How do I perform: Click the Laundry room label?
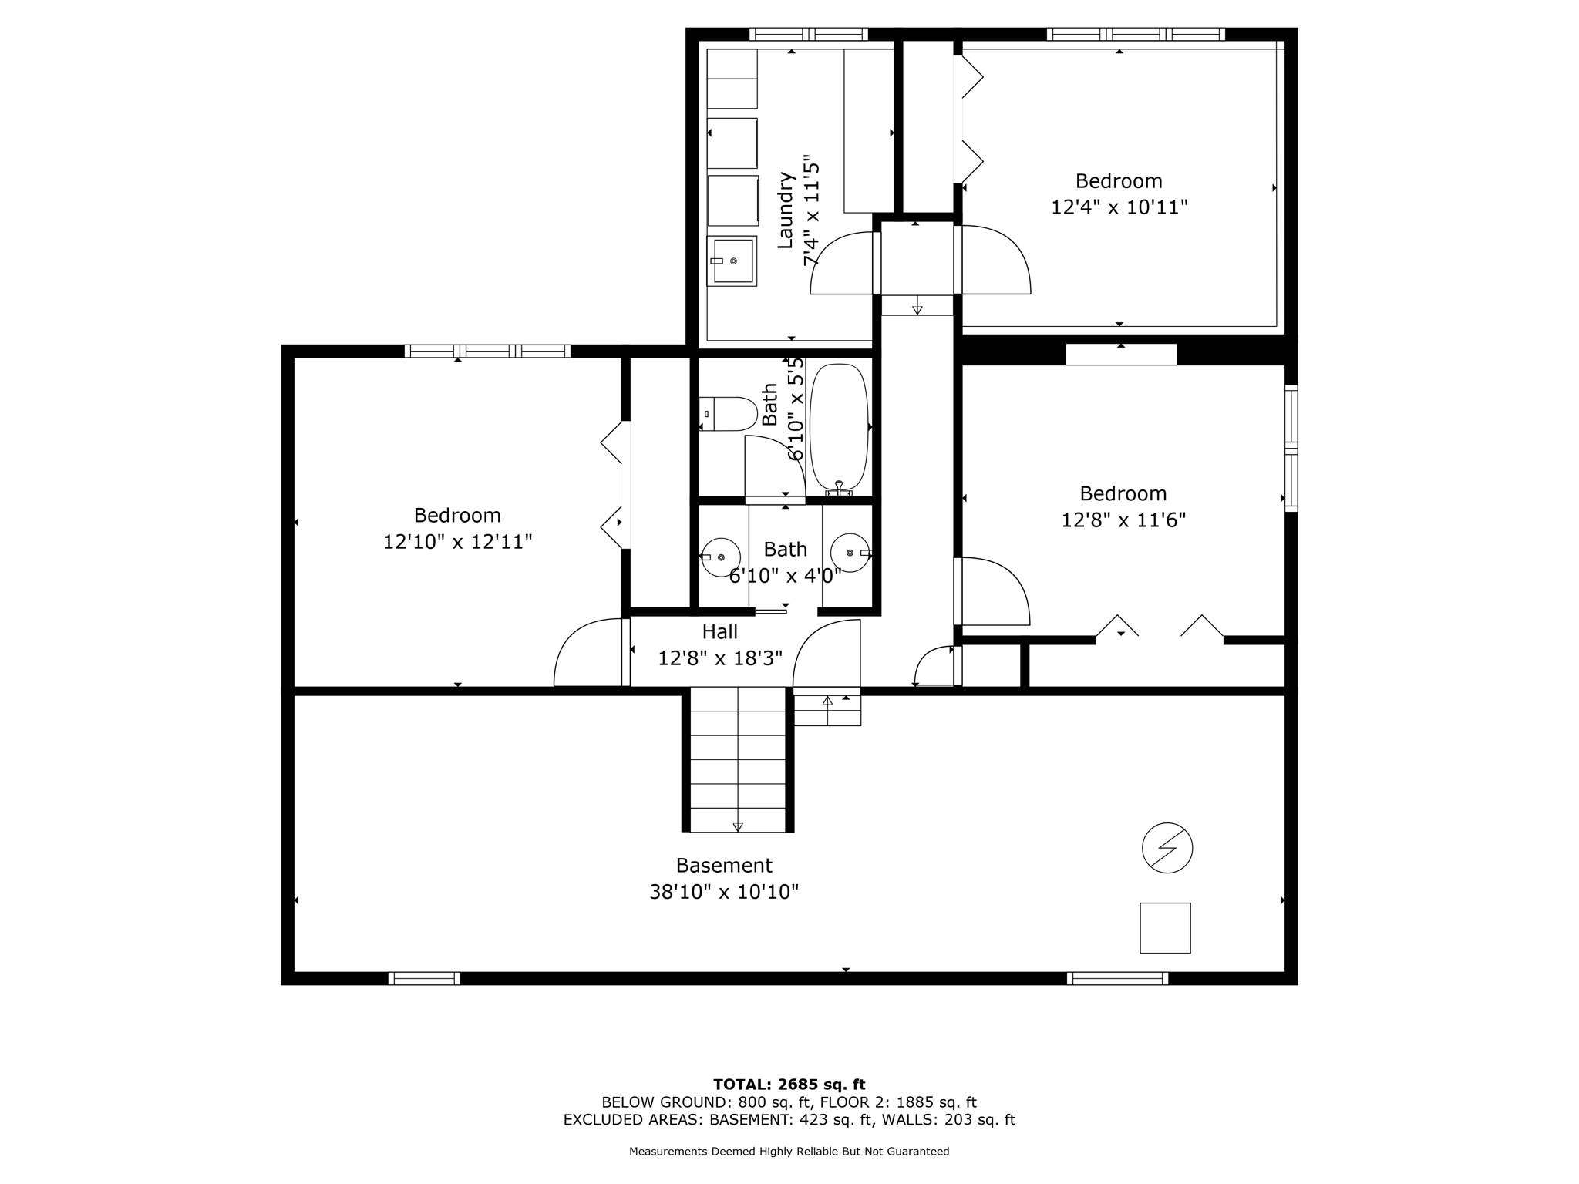pyautogui.click(x=786, y=210)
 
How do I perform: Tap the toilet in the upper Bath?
pyautogui.click(x=728, y=414)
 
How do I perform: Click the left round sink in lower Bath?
pyautogui.click(x=720, y=556)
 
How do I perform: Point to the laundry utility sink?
pyautogui.click(x=732, y=261)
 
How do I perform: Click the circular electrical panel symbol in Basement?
pyautogui.click(x=1167, y=848)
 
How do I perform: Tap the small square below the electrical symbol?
pyautogui.click(x=1165, y=927)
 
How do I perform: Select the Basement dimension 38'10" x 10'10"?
pyautogui.click(x=723, y=892)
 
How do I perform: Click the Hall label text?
pyautogui.click(x=719, y=632)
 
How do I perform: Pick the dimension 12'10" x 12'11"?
pyautogui.click(x=457, y=542)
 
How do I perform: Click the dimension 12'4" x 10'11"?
pyautogui.click(x=1119, y=207)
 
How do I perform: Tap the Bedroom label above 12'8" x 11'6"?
pyautogui.click(x=1123, y=493)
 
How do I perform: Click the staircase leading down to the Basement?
pyautogui.click(x=738, y=759)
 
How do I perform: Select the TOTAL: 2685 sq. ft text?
pyautogui.click(x=789, y=1085)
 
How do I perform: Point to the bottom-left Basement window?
pyautogui.click(x=424, y=978)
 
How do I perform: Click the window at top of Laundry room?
pyautogui.click(x=808, y=34)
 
